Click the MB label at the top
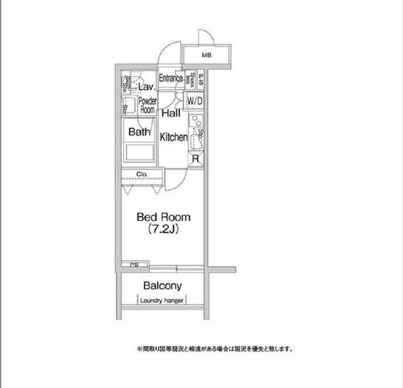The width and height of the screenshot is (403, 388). (206, 55)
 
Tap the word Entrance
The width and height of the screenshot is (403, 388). (171, 78)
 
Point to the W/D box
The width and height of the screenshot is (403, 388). (194, 101)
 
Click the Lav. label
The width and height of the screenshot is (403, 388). (146, 87)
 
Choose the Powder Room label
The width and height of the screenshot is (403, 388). (147, 105)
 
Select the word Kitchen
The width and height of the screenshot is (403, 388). (173, 137)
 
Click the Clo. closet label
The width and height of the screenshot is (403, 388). (142, 175)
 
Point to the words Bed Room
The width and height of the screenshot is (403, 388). (163, 217)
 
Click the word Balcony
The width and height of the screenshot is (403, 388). (162, 286)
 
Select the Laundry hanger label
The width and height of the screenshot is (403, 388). (162, 301)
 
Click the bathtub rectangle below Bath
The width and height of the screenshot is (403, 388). (139, 152)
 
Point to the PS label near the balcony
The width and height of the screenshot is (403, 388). (134, 265)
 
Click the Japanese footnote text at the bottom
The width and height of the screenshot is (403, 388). (214, 349)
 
